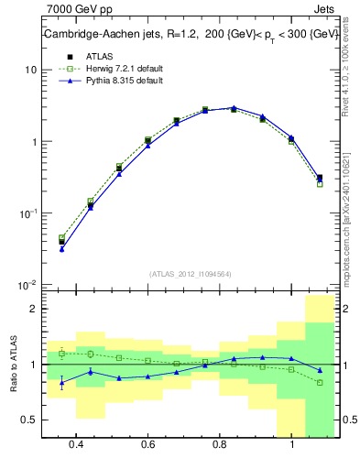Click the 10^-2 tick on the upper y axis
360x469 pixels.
tap(27, 285)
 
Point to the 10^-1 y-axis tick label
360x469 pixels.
tap(27, 213)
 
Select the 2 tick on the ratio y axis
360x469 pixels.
tap(33, 309)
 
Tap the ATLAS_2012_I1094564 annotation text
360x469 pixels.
tap(191, 273)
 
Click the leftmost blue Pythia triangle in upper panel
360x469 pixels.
tap(61, 248)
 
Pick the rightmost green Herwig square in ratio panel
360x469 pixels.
tap(320, 382)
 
